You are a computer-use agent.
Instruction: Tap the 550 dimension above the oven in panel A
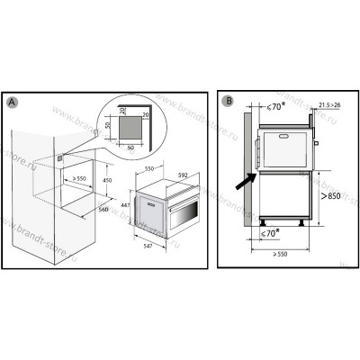149,168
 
